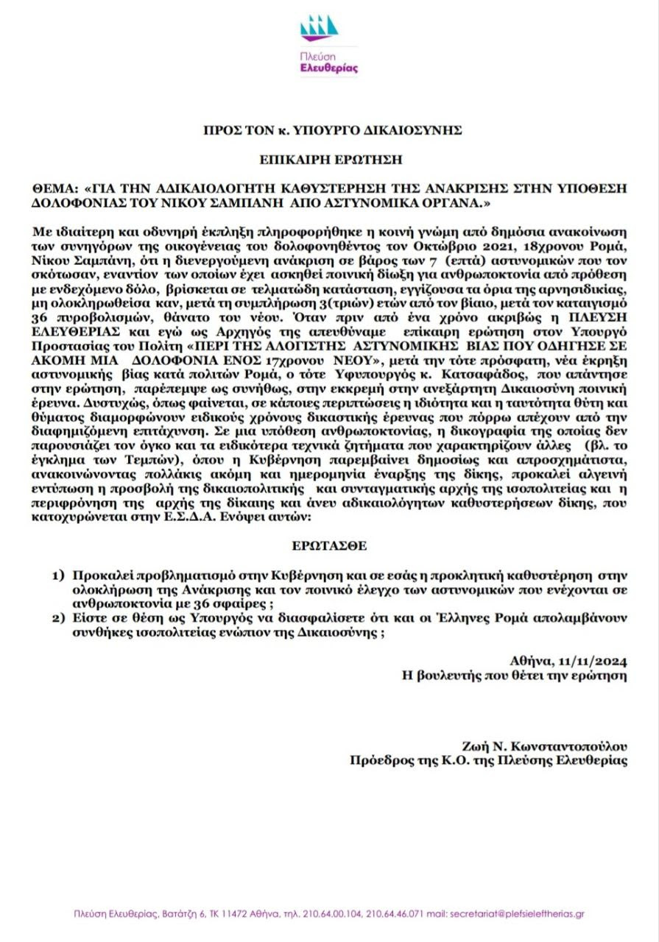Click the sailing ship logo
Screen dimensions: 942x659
click(x=319, y=29)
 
